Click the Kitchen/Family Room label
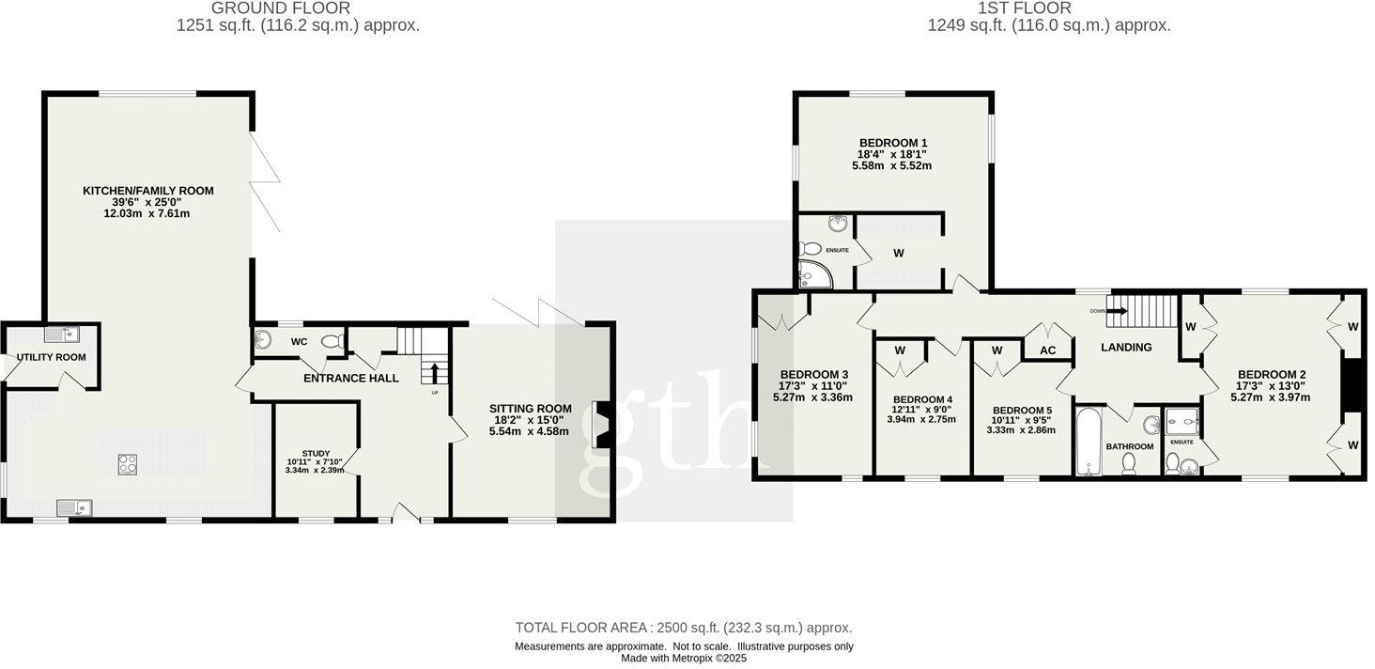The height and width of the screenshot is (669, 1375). [x=148, y=191]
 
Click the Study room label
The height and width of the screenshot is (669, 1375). [x=315, y=453]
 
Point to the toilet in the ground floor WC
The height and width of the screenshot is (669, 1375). [x=331, y=342]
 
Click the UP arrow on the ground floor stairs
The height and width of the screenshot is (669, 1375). [x=434, y=373]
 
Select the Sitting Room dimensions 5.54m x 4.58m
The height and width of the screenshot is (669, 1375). [x=530, y=431]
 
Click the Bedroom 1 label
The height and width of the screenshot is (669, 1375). [x=893, y=143]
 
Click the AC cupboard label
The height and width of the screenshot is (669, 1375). [x=1048, y=350]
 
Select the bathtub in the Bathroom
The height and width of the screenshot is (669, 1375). [x=1089, y=442]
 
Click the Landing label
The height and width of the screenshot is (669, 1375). [x=1126, y=348]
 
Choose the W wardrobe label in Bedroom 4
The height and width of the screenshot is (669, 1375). [x=900, y=350]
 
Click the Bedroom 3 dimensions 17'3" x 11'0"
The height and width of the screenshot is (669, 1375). [x=813, y=385]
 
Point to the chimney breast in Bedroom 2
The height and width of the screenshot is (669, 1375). [x=1352, y=385]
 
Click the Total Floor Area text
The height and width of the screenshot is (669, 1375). [x=684, y=628]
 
